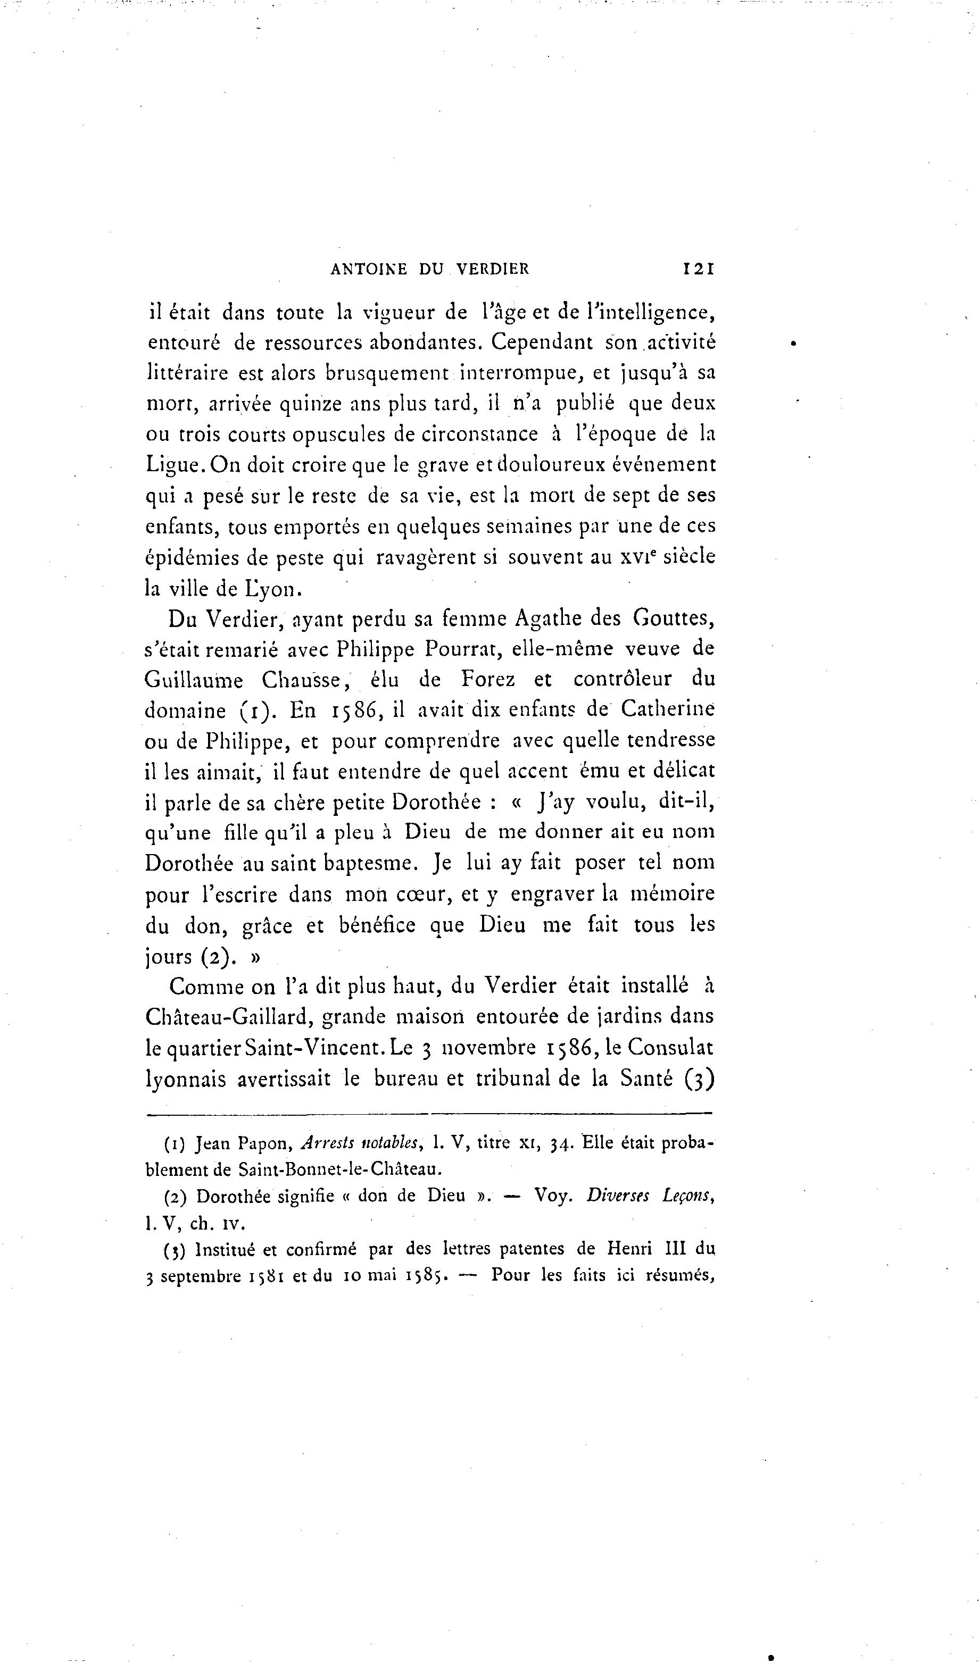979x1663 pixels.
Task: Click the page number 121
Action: click(699, 269)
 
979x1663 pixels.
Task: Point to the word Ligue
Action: click(172, 466)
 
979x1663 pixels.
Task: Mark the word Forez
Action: click(488, 679)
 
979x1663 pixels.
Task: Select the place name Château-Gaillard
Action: click(228, 1017)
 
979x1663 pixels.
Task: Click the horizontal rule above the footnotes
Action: click(429, 1114)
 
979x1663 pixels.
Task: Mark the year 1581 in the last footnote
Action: click(266, 1276)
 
